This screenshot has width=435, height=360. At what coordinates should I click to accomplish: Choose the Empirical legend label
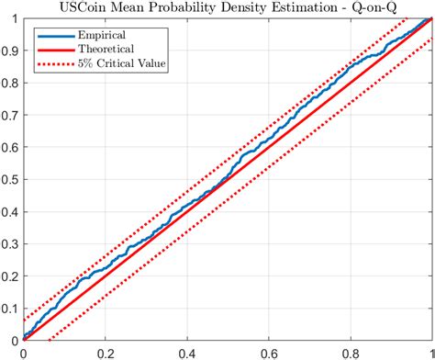pos(104,34)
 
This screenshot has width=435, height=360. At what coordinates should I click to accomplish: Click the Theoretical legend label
pos(107,50)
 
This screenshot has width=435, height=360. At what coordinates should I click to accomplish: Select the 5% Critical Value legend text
pos(122,65)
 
